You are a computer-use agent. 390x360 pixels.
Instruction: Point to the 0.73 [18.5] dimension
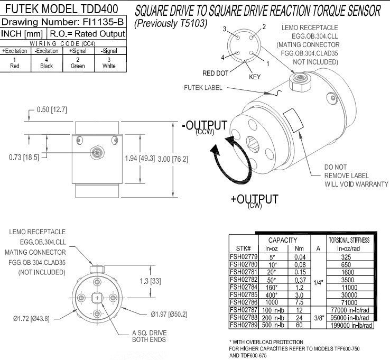(x=20, y=158)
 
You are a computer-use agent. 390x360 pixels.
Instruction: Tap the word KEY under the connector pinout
(x=254, y=77)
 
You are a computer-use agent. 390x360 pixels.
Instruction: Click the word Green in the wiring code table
(x=77, y=66)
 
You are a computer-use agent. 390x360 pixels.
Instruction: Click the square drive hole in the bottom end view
(x=96, y=297)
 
